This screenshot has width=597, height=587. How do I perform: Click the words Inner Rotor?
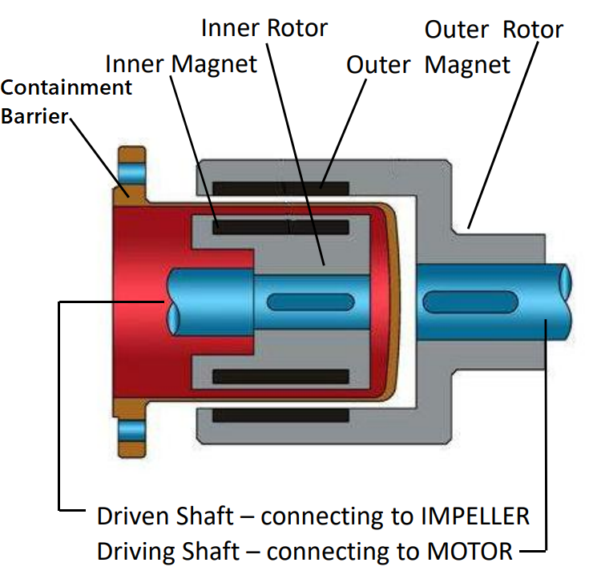point(264,28)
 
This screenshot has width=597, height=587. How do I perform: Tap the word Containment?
point(67,87)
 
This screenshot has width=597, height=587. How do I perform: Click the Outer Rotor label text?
point(494,30)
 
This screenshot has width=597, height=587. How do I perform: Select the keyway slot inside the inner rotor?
point(309,302)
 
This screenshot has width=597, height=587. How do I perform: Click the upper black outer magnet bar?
point(280,188)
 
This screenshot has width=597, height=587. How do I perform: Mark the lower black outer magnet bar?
point(280,415)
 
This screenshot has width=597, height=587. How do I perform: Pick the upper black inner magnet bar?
point(280,227)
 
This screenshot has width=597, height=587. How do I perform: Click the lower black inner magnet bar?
point(280,376)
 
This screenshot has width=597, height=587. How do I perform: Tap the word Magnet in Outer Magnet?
point(467,64)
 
